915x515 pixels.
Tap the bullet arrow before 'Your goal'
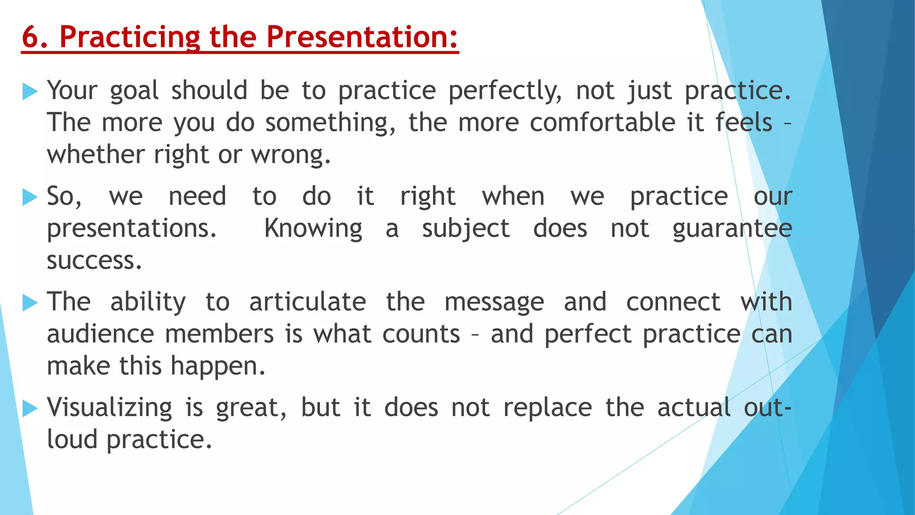[x=30, y=91]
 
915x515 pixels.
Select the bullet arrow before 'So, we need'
[x=30, y=197]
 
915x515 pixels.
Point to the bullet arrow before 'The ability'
[x=30, y=303]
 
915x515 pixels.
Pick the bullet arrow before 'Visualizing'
[x=30, y=408]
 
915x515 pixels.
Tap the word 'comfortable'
[x=602, y=123]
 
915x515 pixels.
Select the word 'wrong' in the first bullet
[x=290, y=155]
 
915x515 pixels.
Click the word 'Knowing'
[x=313, y=229]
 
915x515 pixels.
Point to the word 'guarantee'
[x=732, y=229]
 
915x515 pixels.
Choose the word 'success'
[x=94, y=261]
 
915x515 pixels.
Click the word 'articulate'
[x=307, y=303]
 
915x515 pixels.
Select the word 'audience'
[x=101, y=334]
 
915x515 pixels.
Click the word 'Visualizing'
[x=109, y=408]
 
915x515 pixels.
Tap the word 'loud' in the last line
[x=72, y=440]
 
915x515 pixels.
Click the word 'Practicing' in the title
[x=130, y=38]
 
